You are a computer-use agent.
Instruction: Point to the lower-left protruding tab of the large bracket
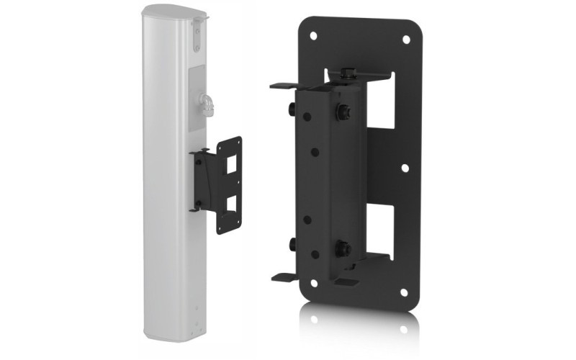point(284,275)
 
